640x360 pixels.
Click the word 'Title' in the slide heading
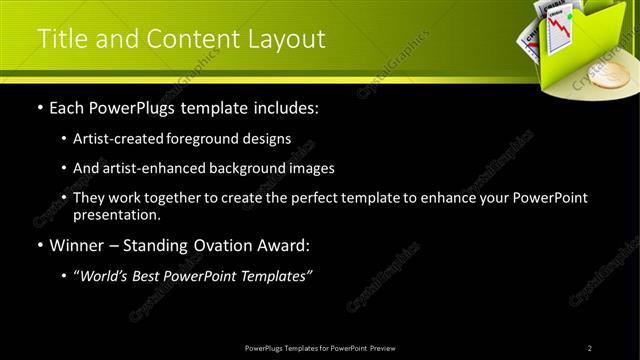point(60,39)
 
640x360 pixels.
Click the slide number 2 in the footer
point(590,347)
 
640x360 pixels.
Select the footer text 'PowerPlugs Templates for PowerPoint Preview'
point(319,347)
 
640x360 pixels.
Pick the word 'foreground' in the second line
point(214,139)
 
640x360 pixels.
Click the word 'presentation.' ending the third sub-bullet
point(116,214)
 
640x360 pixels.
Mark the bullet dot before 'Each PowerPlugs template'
point(39,108)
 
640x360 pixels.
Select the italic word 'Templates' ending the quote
point(276,275)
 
